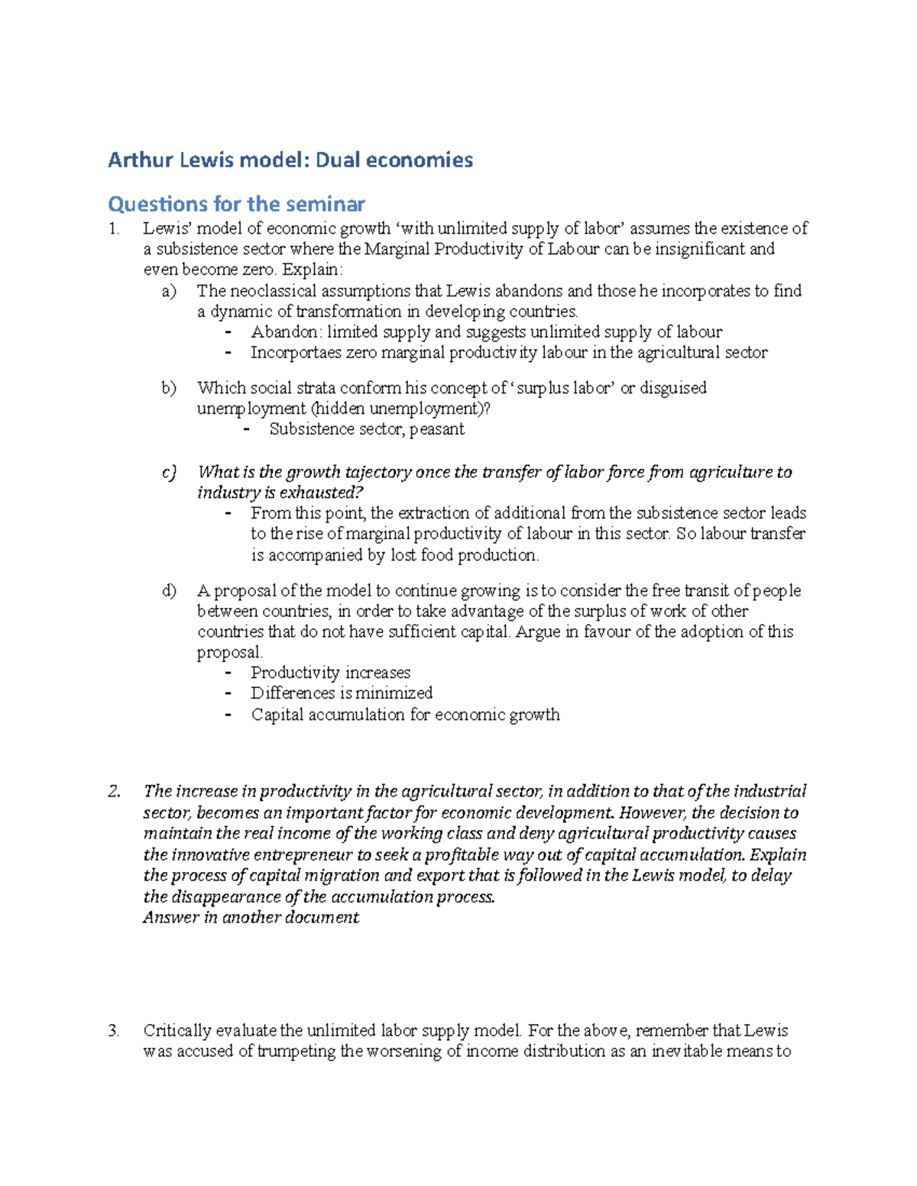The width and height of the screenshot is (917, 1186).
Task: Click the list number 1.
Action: pos(113,229)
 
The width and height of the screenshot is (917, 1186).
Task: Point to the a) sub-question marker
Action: pos(168,291)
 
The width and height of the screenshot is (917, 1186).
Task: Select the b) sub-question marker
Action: pos(169,388)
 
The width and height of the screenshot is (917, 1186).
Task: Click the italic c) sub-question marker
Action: pos(169,472)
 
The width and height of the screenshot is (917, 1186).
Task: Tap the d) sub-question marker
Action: pos(169,590)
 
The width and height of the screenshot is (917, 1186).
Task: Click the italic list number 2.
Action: pos(114,791)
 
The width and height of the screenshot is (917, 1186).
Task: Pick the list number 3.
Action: pos(114,1030)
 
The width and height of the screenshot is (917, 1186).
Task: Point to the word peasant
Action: pos(436,429)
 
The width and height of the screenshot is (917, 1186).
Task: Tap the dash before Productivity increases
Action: pos(228,673)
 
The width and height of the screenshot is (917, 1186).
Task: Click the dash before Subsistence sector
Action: pos(246,429)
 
